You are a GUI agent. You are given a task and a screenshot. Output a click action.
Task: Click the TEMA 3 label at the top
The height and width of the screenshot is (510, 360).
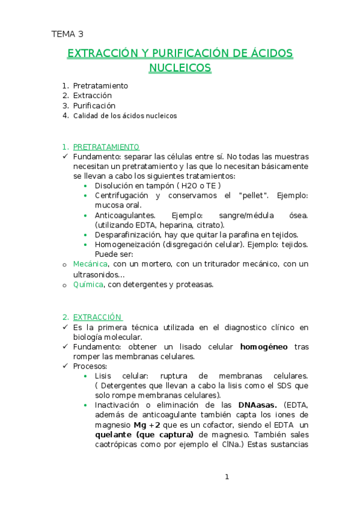tap(67, 34)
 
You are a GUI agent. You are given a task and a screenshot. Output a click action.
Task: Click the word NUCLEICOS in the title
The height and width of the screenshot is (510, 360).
tap(180, 67)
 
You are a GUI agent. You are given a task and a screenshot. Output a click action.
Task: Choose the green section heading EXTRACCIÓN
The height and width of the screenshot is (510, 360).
tap(97, 317)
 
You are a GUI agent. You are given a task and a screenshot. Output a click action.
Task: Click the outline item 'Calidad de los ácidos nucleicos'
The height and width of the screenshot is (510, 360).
tap(125, 115)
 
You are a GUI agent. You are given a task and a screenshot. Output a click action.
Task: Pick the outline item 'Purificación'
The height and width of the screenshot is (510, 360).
tap(94, 105)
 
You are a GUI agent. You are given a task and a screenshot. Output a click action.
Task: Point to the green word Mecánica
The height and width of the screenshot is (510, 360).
tap(90, 264)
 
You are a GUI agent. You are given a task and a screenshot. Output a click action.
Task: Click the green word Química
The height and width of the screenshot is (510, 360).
tap(88, 284)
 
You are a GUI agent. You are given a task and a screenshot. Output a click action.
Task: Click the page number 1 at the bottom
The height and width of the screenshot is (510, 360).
tap(227, 477)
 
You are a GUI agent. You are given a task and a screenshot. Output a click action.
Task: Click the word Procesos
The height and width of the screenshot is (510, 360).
tap(90, 366)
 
